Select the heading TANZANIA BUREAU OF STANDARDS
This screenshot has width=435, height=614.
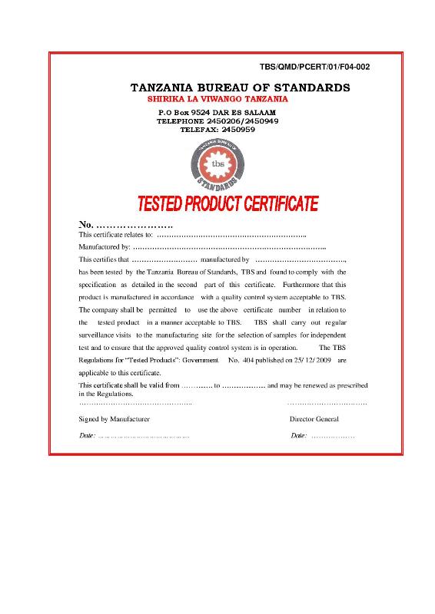(x=241, y=87)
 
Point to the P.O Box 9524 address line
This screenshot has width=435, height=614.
(x=217, y=113)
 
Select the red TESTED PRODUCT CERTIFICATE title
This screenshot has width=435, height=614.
(x=227, y=204)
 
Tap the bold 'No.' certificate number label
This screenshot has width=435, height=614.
(x=86, y=224)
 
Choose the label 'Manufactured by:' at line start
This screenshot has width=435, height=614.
(x=104, y=247)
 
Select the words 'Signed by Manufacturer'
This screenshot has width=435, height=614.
(x=115, y=420)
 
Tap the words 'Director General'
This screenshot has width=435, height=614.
(x=314, y=420)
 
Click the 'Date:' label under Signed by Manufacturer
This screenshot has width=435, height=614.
(x=88, y=436)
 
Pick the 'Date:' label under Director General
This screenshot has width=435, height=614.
(x=299, y=436)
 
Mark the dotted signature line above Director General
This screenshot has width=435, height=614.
(x=327, y=403)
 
